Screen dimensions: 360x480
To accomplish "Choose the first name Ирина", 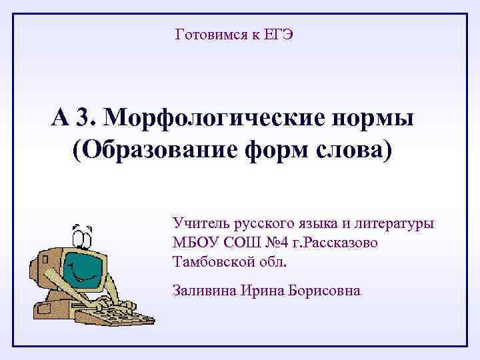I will pos(263,291).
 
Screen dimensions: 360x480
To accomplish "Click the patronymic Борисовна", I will pos(325,291).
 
